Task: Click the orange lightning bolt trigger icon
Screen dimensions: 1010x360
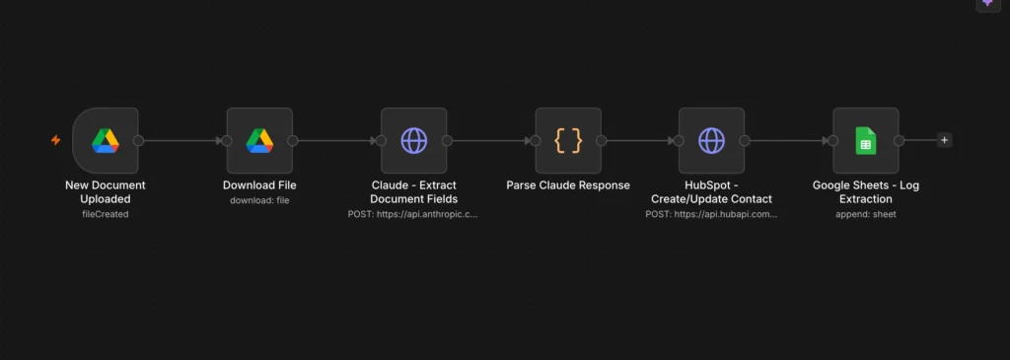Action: [x=56, y=140]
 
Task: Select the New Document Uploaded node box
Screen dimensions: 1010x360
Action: [x=106, y=140]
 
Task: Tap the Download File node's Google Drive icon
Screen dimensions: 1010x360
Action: [x=259, y=140]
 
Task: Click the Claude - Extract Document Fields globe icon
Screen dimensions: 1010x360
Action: [x=413, y=140]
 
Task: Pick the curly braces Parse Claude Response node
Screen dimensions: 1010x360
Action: [x=568, y=140]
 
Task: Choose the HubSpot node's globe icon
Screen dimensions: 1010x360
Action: [x=711, y=140]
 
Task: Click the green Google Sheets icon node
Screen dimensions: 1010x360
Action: [x=866, y=140]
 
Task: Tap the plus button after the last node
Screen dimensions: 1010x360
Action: [x=944, y=140]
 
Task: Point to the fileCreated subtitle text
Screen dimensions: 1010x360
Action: [x=106, y=214]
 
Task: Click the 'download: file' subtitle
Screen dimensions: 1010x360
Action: [x=259, y=200]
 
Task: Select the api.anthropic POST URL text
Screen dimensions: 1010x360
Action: [x=413, y=214]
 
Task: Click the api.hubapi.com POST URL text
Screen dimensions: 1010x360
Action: [x=711, y=214]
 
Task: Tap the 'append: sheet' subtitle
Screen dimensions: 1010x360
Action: [x=866, y=214]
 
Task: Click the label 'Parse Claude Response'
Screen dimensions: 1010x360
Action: [x=568, y=185]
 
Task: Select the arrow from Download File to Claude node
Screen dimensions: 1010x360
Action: [x=337, y=140]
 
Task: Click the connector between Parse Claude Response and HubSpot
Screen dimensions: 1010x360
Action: [x=639, y=140]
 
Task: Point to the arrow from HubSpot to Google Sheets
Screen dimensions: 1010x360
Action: [x=789, y=140]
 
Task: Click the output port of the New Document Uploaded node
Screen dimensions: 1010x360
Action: [x=138, y=140]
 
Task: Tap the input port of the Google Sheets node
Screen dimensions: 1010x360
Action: [x=832, y=140]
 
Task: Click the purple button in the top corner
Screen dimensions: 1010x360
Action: [x=987, y=4]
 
